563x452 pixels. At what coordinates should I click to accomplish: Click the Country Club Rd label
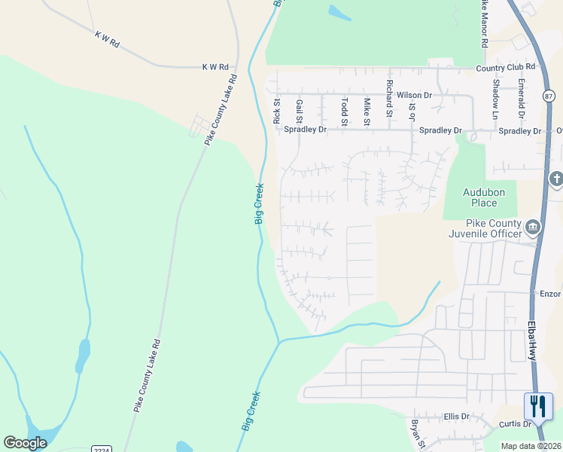pos(504,69)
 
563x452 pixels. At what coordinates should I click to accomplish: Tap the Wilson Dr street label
pos(414,96)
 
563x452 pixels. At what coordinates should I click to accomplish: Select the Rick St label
pos(276,111)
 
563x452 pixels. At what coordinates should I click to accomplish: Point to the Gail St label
pos(299,111)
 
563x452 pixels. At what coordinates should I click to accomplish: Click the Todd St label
pos(344,111)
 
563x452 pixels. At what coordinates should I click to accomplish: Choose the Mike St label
pos(367,111)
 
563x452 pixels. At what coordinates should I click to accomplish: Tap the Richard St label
pos(389,99)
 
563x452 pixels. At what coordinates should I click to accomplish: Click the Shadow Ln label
pos(495,99)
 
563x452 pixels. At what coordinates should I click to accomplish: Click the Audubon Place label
pos(479,197)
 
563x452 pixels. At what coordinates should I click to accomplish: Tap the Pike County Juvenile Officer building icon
pos(532,227)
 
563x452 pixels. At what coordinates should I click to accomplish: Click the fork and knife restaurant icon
pos(538,407)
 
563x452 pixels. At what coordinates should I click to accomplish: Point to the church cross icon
pos(556,179)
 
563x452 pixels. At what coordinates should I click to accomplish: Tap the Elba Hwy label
pos(532,341)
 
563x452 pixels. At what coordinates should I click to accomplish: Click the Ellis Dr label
pos(456,416)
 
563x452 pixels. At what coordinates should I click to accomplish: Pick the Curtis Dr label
pos(516,424)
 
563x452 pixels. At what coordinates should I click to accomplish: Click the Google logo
pos(26,443)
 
